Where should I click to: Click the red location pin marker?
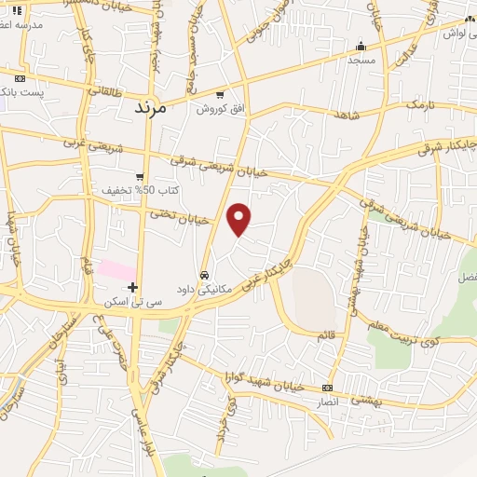pyautogui.click(x=239, y=218)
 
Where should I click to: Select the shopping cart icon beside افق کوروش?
pyautogui.click(x=220, y=94)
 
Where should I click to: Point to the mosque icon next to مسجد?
pyautogui.click(x=361, y=46)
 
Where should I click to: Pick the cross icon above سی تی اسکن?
pyautogui.click(x=133, y=287)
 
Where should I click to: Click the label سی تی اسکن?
pyautogui.click(x=133, y=302)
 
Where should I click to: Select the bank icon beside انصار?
pyautogui.click(x=327, y=388)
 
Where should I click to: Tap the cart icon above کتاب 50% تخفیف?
pyautogui.click(x=139, y=176)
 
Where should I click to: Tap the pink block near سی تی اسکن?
pyautogui.click(x=116, y=269)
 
